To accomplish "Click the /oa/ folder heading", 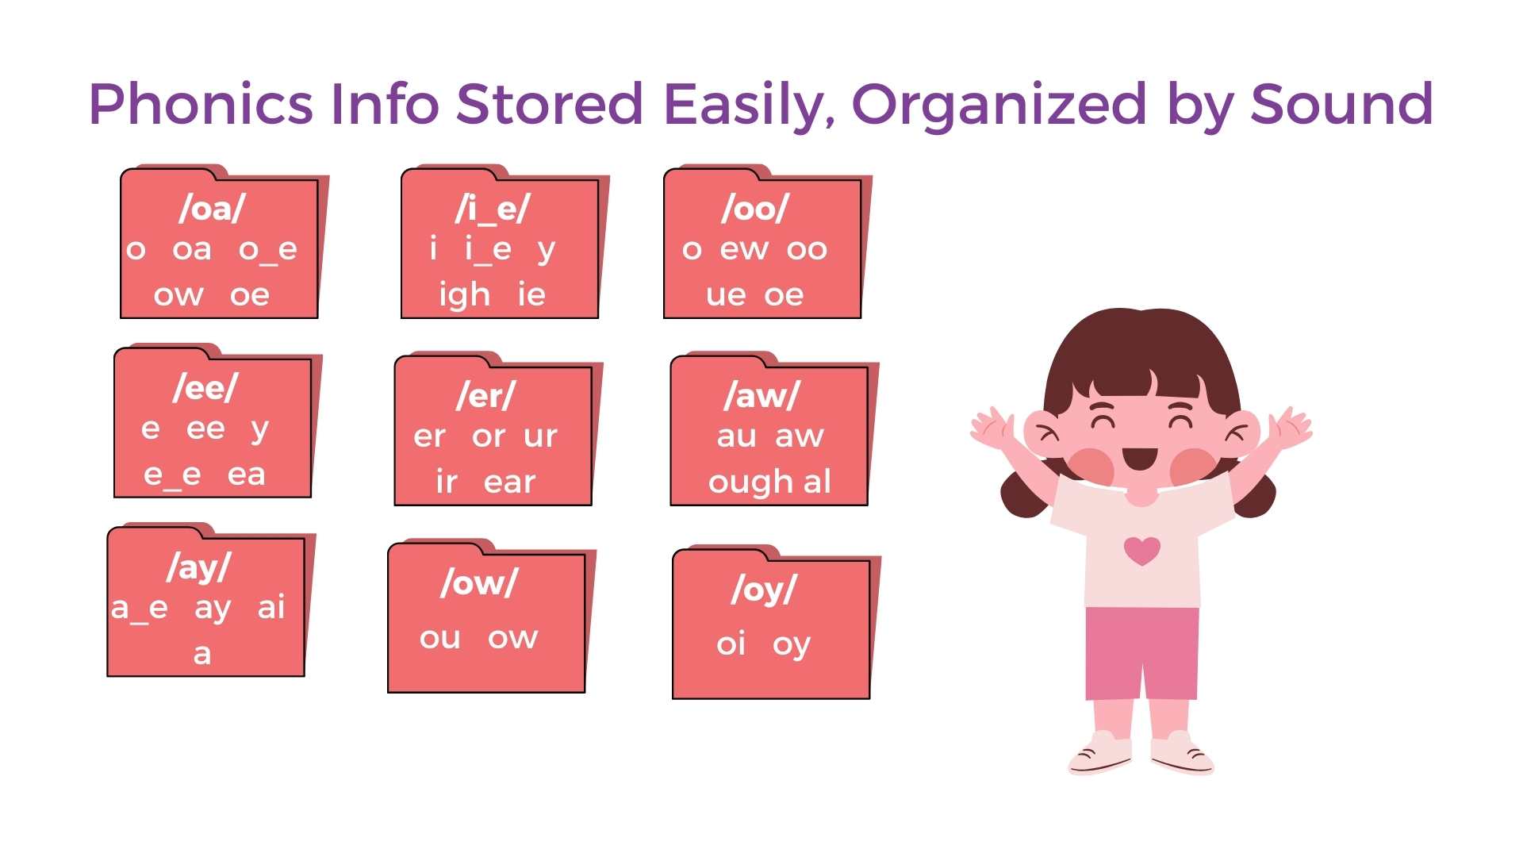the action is pyautogui.click(x=212, y=209).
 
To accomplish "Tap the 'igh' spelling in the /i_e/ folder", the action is pyautogui.click(x=465, y=294).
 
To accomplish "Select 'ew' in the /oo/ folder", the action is pyautogui.click(x=744, y=249).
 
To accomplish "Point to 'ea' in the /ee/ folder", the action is pyautogui.click(x=246, y=475).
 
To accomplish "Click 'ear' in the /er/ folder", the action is pyautogui.click(x=510, y=482).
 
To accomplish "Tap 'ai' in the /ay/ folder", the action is pyautogui.click(x=271, y=607).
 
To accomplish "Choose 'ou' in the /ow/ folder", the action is pyautogui.click(x=440, y=637).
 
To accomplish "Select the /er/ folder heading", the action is pyautogui.click(x=486, y=395).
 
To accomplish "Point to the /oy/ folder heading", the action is pyautogui.click(x=764, y=590).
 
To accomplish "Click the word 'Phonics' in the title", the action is pyautogui.click(x=201, y=104).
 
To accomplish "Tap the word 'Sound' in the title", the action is pyautogui.click(x=1342, y=104).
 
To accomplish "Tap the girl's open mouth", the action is pyautogui.click(x=1141, y=458).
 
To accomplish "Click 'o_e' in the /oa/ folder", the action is pyautogui.click(x=268, y=250).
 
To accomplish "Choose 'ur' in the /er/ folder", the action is pyautogui.click(x=541, y=436).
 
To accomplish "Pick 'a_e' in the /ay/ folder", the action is pyautogui.click(x=140, y=609).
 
